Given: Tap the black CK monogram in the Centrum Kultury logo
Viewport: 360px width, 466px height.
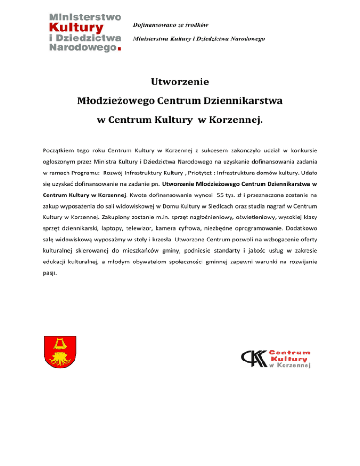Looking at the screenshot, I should point(253,359).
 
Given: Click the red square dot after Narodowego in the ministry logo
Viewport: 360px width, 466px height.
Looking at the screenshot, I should point(120,47).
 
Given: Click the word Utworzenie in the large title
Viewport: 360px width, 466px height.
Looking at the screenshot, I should point(180,83).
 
